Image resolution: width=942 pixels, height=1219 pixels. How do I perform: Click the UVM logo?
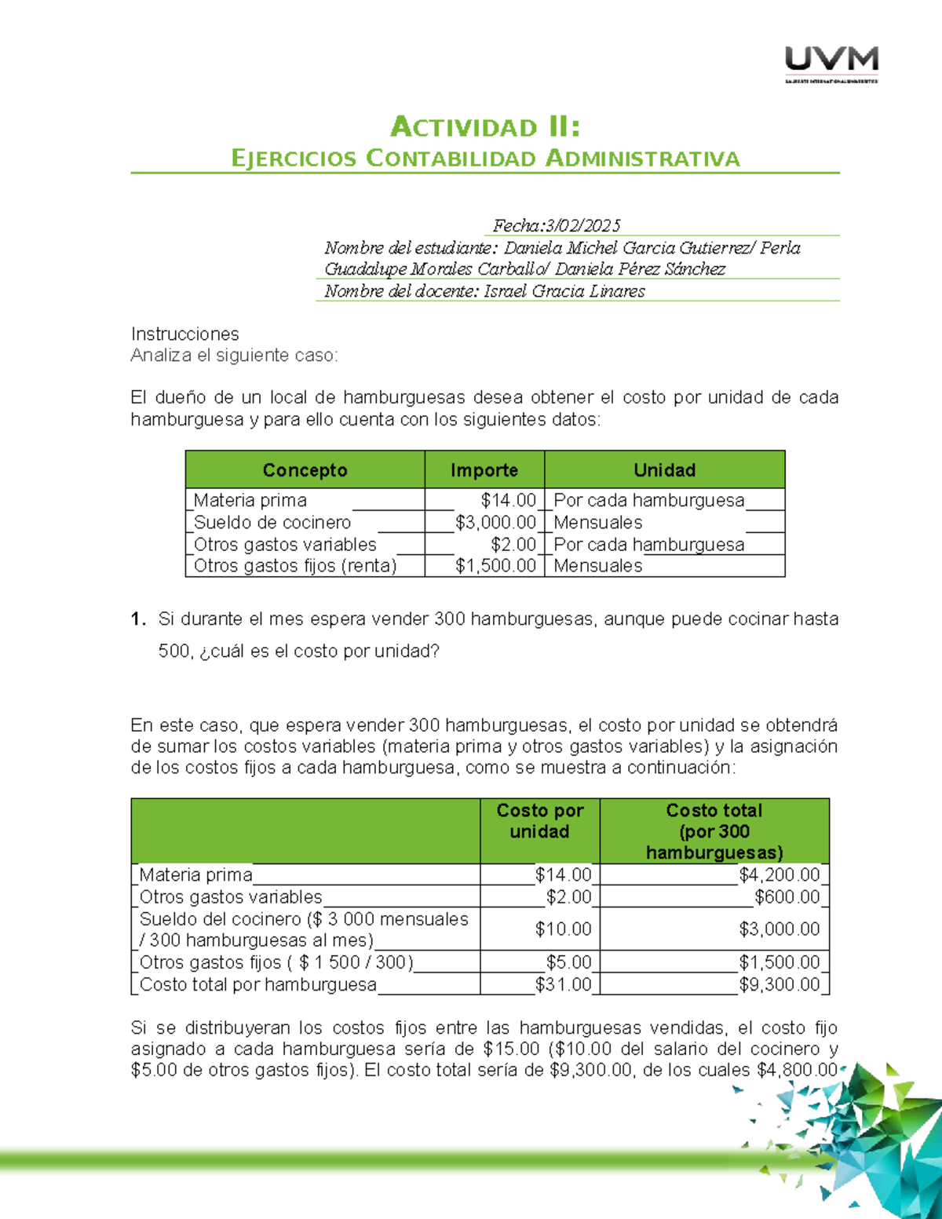pyautogui.click(x=831, y=64)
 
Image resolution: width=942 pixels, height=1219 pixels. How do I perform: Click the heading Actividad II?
pyautogui.click(x=485, y=127)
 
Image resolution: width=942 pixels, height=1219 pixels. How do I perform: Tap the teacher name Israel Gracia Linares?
pyautogui.click(x=564, y=291)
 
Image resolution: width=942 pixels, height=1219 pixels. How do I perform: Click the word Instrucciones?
pyautogui.click(x=184, y=334)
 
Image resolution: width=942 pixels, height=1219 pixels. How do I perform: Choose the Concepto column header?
pyautogui.click(x=305, y=470)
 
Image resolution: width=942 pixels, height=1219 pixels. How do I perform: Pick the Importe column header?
pyautogui.click(x=484, y=470)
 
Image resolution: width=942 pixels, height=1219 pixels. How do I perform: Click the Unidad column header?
pyautogui.click(x=664, y=470)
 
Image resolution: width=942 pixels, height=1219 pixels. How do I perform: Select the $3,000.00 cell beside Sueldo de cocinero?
pyautogui.click(x=495, y=523)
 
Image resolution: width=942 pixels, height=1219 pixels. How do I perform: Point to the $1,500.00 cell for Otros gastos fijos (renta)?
pyautogui.click(x=495, y=566)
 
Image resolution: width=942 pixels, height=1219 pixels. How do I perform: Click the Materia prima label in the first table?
pyautogui.click(x=250, y=501)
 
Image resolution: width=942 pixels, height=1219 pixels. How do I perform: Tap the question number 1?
pyautogui.click(x=138, y=619)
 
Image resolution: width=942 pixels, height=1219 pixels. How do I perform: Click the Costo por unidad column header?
pyautogui.click(x=539, y=821)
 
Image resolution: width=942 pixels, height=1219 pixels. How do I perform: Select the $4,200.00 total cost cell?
pyautogui.click(x=779, y=874)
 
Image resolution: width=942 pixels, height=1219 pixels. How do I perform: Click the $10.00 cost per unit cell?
pyautogui.click(x=563, y=929)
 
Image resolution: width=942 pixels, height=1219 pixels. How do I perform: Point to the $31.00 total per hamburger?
pyautogui.click(x=563, y=984)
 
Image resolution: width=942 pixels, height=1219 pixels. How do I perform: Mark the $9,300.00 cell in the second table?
pyautogui.click(x=779, y=984)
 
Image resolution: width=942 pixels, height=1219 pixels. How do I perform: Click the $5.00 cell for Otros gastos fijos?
pyautogui.click(x=568, y=962)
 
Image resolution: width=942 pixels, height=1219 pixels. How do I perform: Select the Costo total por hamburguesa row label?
pyautogui.click(x=257, y=984)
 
